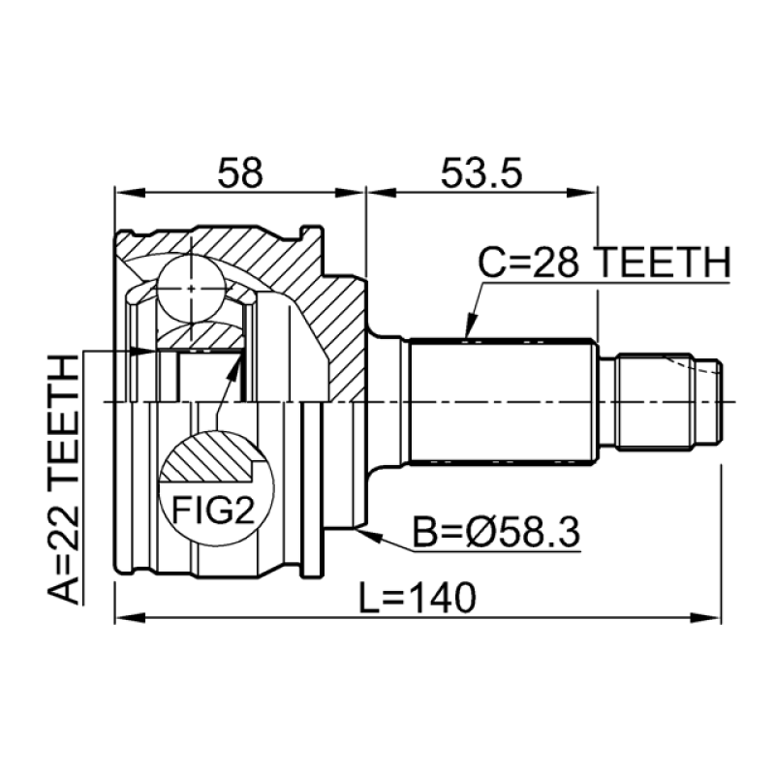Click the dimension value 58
point(240,173)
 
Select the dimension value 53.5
point(480,173)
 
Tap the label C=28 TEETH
point(604,263)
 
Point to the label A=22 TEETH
point(64,479)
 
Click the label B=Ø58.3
point(496,532)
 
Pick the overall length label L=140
point(418,598)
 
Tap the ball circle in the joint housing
point(191,288)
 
